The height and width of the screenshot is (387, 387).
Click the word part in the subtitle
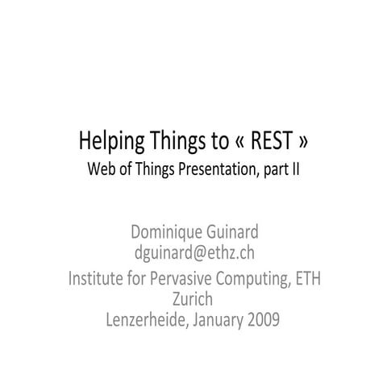click(x=271, y=171)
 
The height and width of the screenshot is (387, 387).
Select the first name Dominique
click(x=169, y=234)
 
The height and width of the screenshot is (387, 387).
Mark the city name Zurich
click(x=193, y=299)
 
